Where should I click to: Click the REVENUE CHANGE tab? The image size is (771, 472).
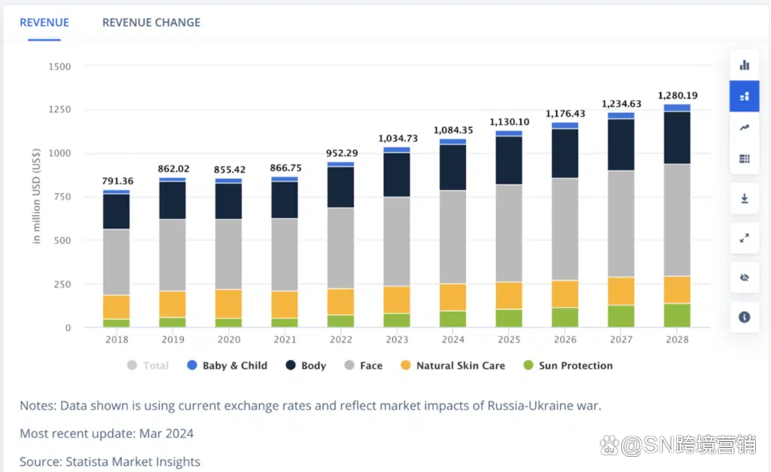[151, 23]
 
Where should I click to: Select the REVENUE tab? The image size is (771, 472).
[44, 23]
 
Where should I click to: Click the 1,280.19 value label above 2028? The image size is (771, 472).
[678, 96]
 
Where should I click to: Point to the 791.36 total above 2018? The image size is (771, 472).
[117, 181]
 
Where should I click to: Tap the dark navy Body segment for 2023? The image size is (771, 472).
[397, 175]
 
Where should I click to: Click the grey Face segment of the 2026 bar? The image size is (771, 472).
[565, 229]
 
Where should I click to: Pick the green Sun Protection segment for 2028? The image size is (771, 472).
[678, 315]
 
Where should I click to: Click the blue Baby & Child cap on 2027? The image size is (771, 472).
[622, 115]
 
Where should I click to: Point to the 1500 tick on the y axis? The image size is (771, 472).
[59, 66]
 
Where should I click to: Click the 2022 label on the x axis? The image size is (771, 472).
[340, 340]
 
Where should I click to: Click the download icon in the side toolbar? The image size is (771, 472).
[745, 199]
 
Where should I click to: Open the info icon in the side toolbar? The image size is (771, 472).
[745, 317]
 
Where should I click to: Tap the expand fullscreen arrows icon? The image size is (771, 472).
[745, 238]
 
